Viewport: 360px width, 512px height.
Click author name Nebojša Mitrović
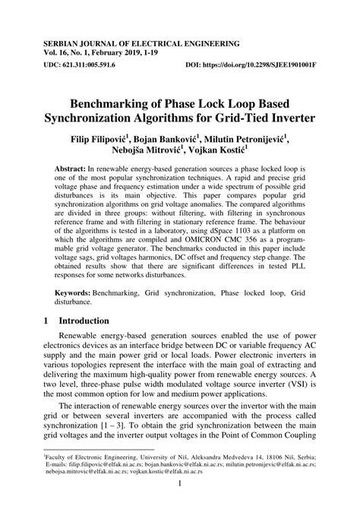pyautogui.click(x=137, y=153)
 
